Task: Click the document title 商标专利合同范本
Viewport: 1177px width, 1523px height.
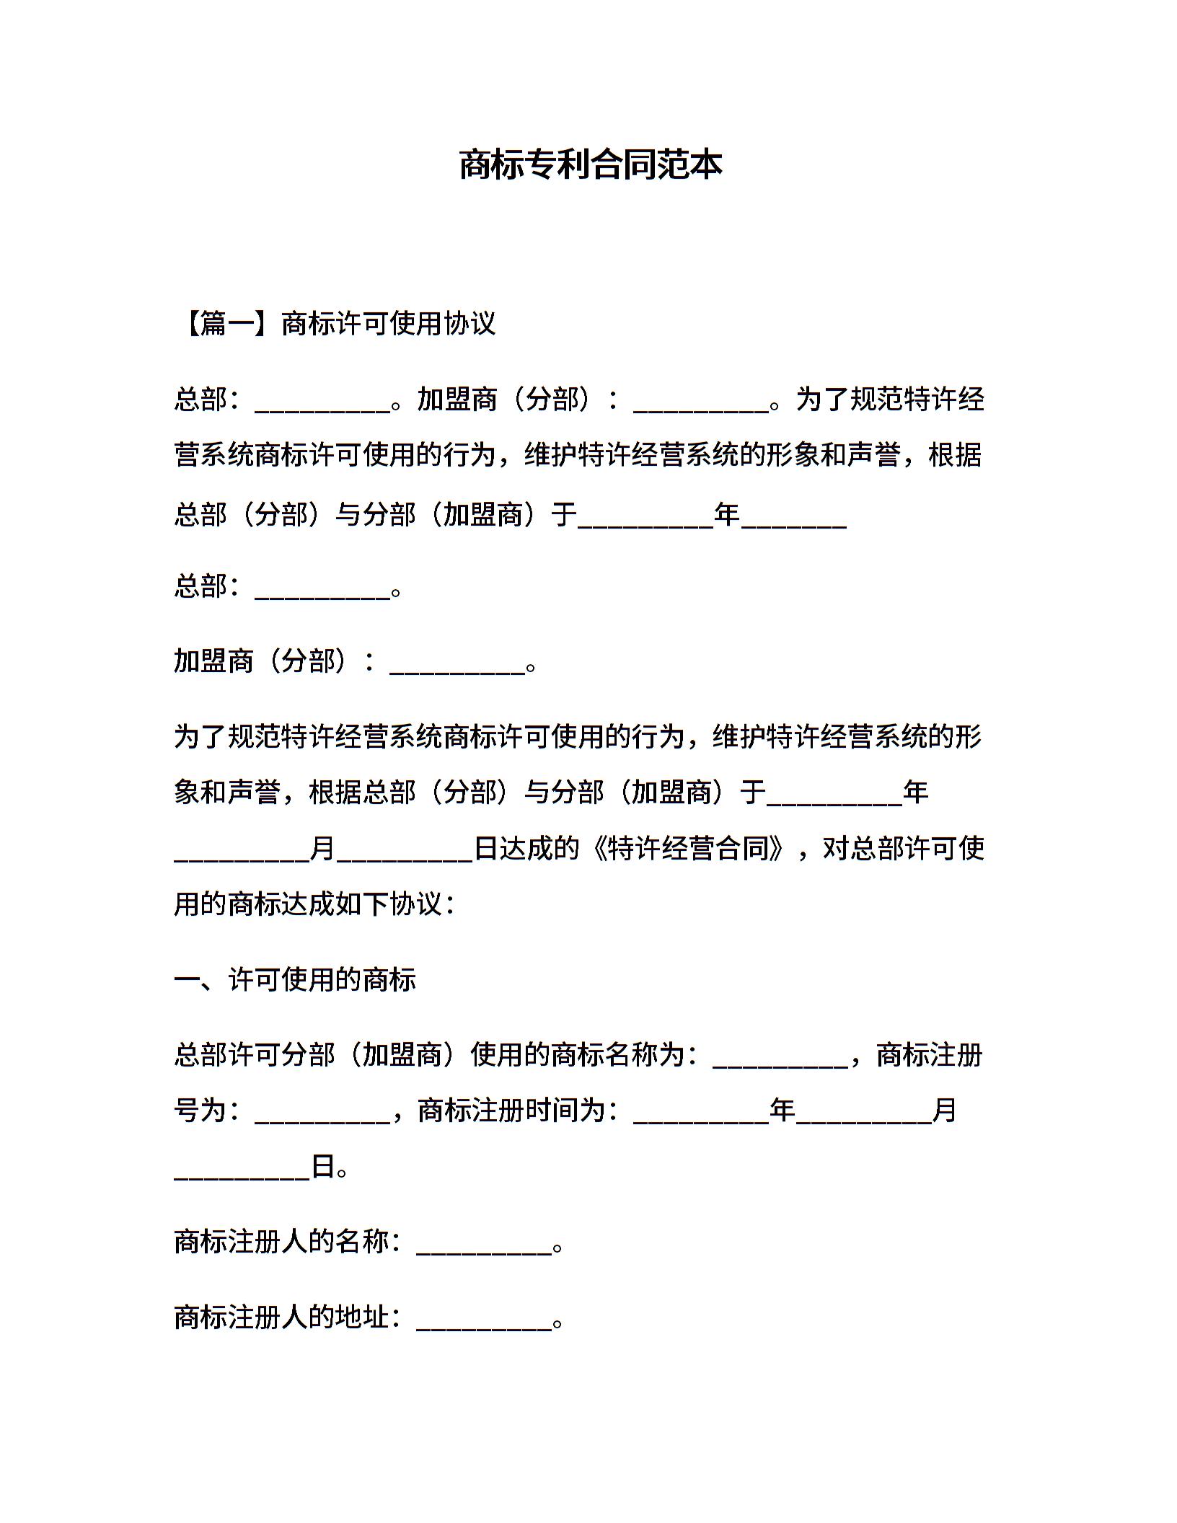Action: pyautogui.click(x=590, y=165)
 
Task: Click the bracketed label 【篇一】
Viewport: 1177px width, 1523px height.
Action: pyautogui.click(x=226, y=324)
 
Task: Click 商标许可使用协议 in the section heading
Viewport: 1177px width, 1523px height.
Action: pyautogui.click(x=388, y=324)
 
